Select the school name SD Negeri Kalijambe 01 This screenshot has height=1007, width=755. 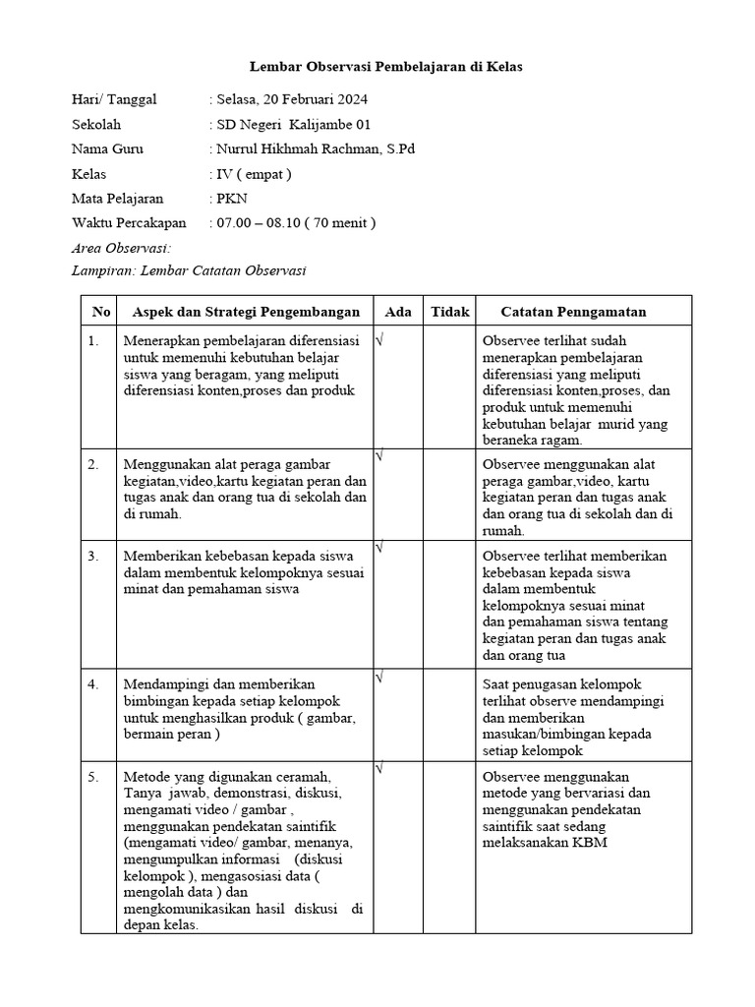click(294, 125)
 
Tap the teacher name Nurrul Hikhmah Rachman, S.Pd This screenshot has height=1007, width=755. click(316, 149)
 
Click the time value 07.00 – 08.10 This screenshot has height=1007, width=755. click(258, 223)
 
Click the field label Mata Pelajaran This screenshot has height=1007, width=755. click(118, 199)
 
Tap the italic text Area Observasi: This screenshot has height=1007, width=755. click(122, 248)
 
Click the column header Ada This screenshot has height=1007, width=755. click(398, 312)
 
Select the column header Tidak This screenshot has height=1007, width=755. click(450, 312)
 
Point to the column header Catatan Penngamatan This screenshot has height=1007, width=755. click(573, 312)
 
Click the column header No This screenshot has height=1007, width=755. click(101, 312)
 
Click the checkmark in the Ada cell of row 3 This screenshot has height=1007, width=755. click(379, 547)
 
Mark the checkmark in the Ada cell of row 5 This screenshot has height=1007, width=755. click(379, 767)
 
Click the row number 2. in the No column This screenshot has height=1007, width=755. click(93, 464)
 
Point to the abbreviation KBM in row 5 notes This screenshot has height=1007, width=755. click(590, 843)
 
